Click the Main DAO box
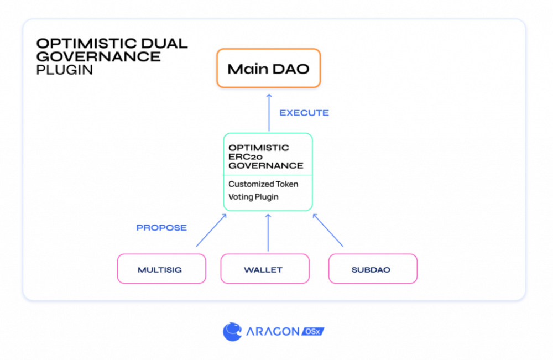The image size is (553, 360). pos(268,68)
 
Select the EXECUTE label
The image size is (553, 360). pos(304,113)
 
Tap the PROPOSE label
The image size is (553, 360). pos(161,228)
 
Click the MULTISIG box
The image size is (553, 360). pos(161,269)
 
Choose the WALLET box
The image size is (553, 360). pos(265,269)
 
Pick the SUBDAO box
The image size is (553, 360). pos(373,269)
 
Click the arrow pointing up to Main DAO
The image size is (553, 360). pos(269,112)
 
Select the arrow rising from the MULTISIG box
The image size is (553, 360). pos(211,230)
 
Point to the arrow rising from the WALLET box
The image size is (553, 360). pos(268,232)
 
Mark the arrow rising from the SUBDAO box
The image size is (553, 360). pos(327,230)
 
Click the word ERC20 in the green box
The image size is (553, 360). pos(246,156)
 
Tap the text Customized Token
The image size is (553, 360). pos(263,184)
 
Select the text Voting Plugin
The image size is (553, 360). pos(254,197)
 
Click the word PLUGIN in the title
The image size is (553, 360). pos(65,70)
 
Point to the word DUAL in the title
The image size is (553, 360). pos(164,43)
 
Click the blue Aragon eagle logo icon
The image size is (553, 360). pos(232,331)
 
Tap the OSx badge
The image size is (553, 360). pos(313,331)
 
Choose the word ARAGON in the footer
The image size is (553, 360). pos(273,331)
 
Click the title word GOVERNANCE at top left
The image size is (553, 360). pos(98,56)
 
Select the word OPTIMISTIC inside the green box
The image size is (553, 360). pos(258,148)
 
